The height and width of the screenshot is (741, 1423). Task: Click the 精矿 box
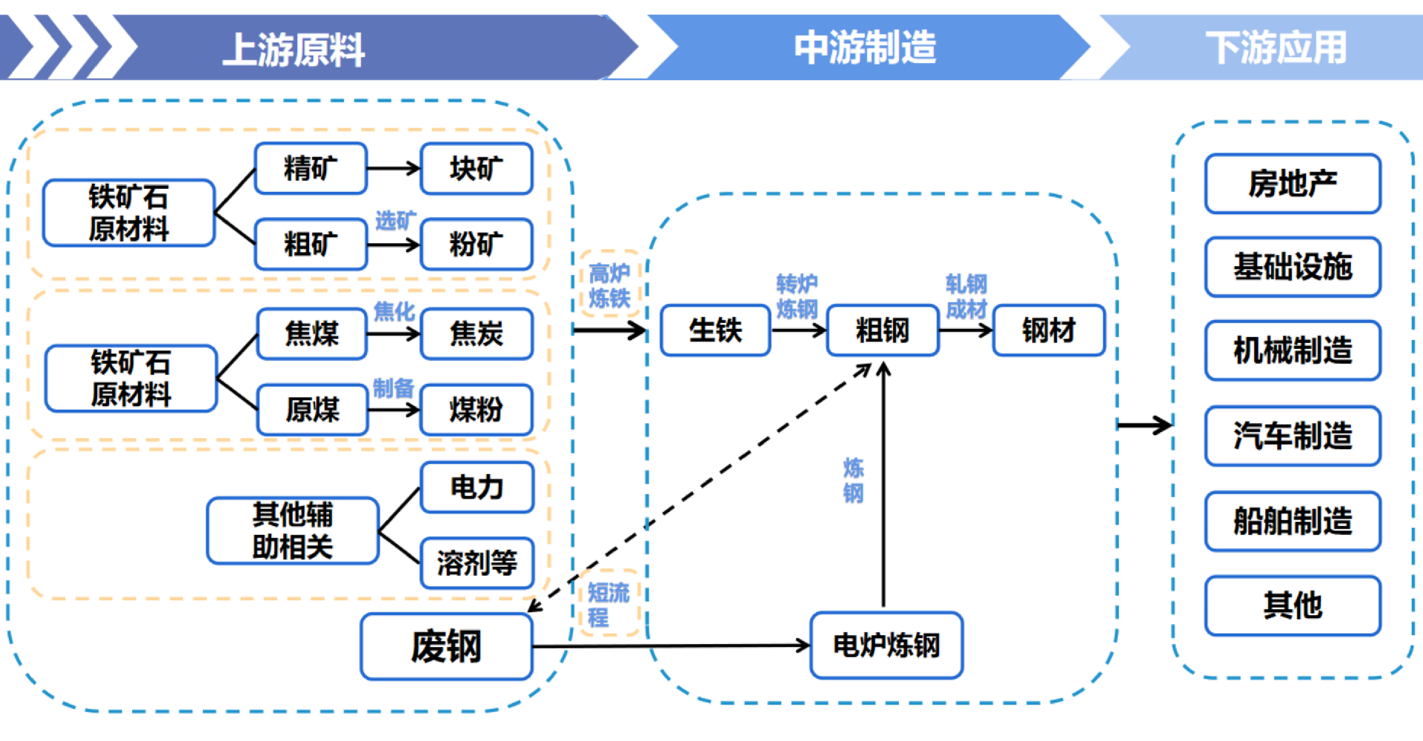[311, 169]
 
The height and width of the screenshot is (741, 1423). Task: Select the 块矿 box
[476, 169]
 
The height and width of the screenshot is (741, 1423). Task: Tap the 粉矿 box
[476, 244]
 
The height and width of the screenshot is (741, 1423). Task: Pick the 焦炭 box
[476, 333]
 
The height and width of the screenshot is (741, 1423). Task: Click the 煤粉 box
[476, 409]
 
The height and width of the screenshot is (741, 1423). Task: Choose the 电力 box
[477, 487]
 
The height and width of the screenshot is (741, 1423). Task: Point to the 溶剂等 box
[477, 562]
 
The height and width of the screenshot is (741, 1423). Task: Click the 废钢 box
[446, 646]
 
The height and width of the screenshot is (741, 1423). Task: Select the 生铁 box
[715, 330]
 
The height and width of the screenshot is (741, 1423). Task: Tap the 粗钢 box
[882, 330]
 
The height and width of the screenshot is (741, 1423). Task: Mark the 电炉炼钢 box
[886, 645]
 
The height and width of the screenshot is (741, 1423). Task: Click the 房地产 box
[1293, 184]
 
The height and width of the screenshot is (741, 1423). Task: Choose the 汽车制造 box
[1293, 436]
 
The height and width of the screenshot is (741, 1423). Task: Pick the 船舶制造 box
[1293, 521]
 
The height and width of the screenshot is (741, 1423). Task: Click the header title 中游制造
[865, 47]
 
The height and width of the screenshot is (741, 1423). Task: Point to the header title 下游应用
[1276, 47]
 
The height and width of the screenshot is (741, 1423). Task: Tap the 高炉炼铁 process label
[609, 285]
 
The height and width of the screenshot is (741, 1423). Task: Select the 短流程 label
[608, 604]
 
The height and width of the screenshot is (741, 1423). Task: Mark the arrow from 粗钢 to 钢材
[966, 330]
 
